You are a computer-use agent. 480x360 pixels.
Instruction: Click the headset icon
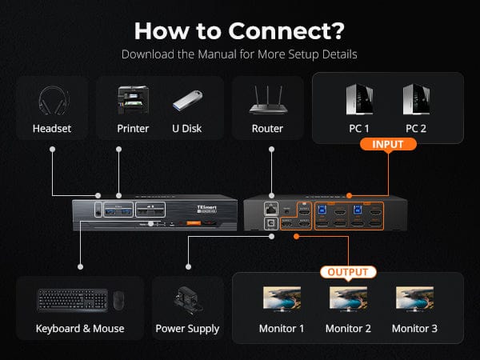tap(52, 102)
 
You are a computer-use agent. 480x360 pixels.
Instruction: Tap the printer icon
tap(133, 101)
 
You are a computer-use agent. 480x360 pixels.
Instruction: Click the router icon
tap(267, 102)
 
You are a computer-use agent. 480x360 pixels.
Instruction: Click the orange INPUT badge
tap(388, 145)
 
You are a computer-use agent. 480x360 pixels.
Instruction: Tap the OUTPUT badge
tap(347, 272)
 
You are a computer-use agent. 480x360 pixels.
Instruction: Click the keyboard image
tap(72, 300)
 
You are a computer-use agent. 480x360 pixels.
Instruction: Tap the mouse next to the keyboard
tap(118, 301)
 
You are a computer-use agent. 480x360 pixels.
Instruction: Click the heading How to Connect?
tap(239, 30)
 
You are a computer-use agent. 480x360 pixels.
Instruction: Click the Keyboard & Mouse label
tap(80, 329)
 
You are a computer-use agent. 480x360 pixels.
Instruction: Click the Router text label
tap(267, 128)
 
